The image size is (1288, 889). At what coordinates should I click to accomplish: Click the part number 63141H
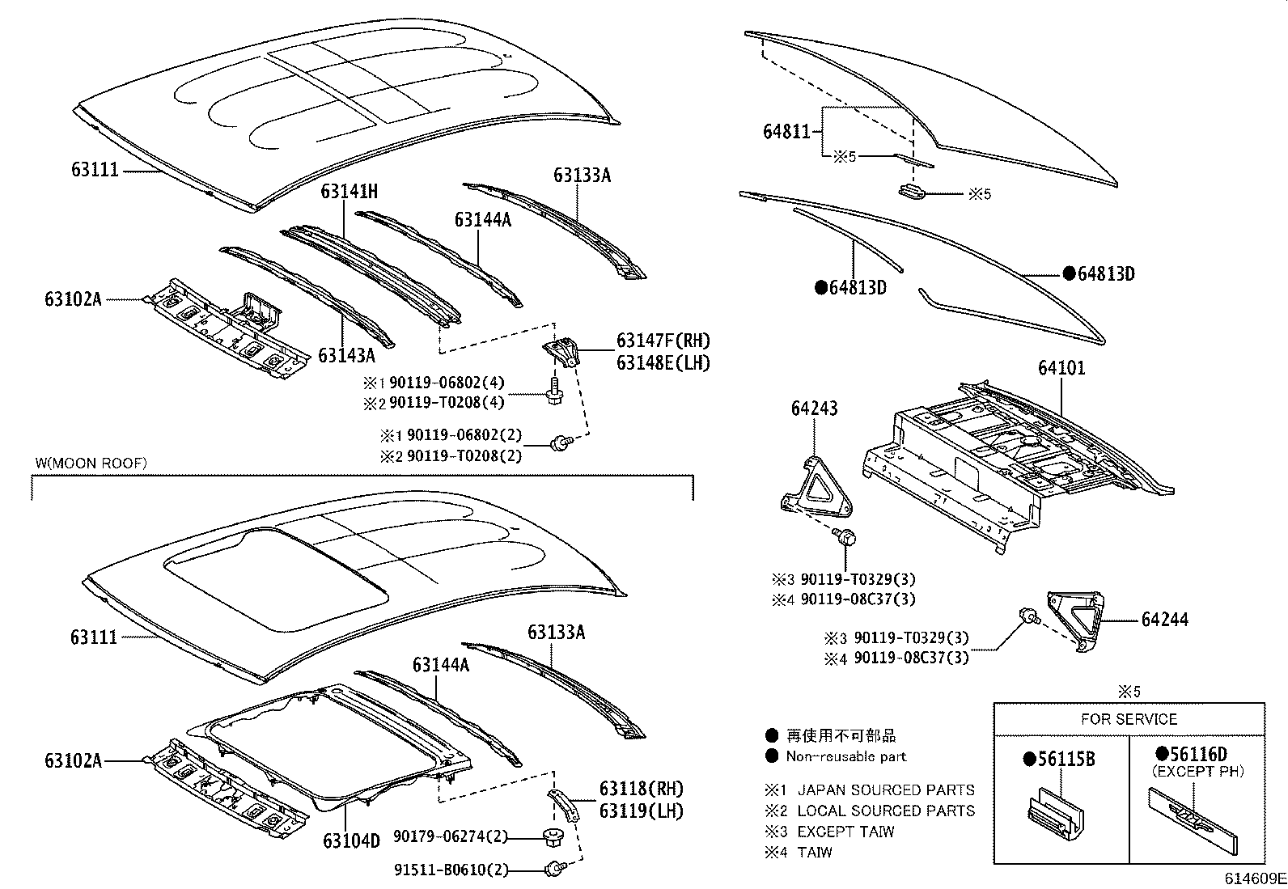click(350, 192)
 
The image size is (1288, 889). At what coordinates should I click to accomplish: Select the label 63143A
click(346, 356)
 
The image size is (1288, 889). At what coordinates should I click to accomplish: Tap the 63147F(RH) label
click(663, 341)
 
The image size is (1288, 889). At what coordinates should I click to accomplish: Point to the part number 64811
click(786, 131)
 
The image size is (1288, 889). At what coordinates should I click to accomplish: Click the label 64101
click(1061, 369)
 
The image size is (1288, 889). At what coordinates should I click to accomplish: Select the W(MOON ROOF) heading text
click(91, 463)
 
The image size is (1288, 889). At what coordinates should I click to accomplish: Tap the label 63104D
click(351, 840)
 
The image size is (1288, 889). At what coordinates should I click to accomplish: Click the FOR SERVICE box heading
click(1129, 719)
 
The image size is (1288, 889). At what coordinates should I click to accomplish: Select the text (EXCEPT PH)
click(1197, 772)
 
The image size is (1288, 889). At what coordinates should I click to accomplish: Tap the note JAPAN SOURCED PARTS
click(886, 790)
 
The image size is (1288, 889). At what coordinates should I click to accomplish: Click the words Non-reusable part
click(846, 756)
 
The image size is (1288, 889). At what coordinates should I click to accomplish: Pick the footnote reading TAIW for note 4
click(815, 852)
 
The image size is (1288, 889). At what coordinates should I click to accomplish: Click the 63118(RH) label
click(641, 789)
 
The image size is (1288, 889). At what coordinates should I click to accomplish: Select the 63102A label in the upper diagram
click(74, 299)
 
